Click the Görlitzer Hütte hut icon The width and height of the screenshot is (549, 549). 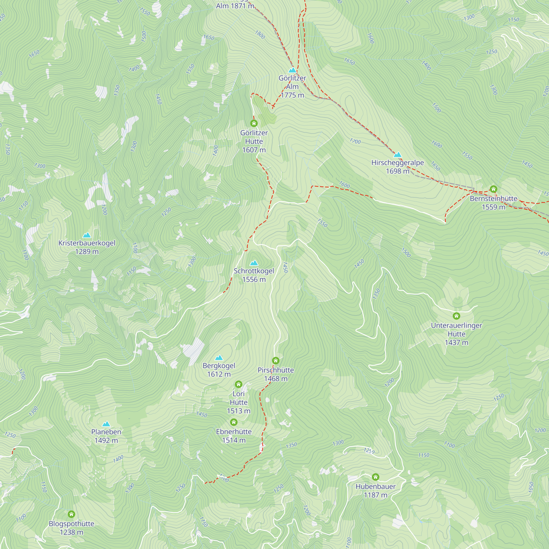click(x=254, y=123)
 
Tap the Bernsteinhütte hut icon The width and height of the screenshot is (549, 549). click(x=493, y=189)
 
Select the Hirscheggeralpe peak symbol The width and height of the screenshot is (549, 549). click(x=397, y=155)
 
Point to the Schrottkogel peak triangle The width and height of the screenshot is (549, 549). click(x=254, y=263)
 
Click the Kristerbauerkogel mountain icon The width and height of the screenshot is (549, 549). click(x=87, y=235)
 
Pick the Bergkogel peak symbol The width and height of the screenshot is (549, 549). click(x=219, y=357)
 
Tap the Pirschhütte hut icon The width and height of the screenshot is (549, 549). click(x=275, y=361)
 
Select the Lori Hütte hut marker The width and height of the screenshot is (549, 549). click(x=239, y=385)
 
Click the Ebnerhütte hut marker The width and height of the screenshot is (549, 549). click(x=234, y=422)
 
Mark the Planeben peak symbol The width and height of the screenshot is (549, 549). click(x=106, y=424)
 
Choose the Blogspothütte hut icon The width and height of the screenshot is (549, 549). click(x=71, y=514)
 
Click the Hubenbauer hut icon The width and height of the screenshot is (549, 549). click(x=375, y=477)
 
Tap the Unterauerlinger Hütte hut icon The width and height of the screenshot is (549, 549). click(x=456, y=316)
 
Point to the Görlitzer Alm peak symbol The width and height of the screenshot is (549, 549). click(x=292, y=70)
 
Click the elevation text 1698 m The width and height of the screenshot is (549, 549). click(x=397, y=171)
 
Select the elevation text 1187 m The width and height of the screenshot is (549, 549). click(x=375, y=495)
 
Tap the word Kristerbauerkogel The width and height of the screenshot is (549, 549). click(x=87, y=243)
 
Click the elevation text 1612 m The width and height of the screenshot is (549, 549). click(x=219, y=374)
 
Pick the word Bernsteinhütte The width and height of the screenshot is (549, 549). click(x=493, y=198)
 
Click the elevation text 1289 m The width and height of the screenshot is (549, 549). click(x=87, y=251)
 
